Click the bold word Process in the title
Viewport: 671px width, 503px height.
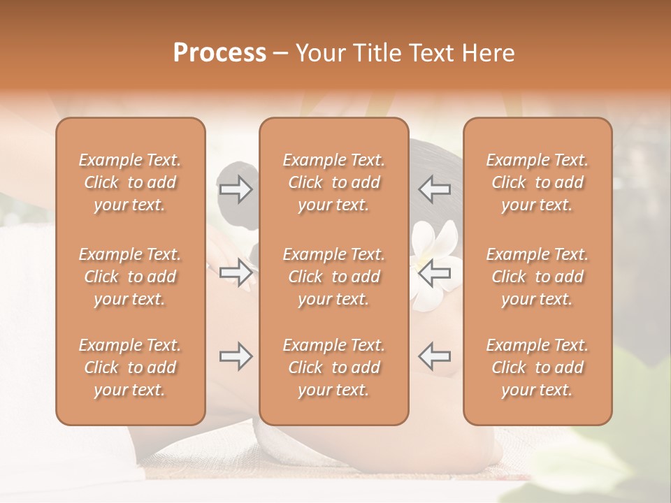[x=219, y=53]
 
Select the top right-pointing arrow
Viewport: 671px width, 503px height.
[x=236, y=189]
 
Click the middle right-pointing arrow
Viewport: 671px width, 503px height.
[x=236, y=272]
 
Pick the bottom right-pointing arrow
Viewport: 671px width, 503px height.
[x=236, y=356]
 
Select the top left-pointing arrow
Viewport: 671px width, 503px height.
[x=435, y=189]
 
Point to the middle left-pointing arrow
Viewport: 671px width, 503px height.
[x=435, y=272]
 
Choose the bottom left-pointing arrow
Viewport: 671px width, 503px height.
[x=435, y=356]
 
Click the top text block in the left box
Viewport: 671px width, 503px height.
[x=130, y=182]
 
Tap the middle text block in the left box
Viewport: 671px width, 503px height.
[x=130, y=277]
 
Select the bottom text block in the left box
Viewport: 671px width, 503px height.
[x=130, y=367]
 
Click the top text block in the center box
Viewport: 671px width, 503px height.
[x=334, y=182]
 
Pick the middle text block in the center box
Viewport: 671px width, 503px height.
[x=334, y=277]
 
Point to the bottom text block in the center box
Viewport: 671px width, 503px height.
[x=334, y=367]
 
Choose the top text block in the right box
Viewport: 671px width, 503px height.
[x=537, y=182]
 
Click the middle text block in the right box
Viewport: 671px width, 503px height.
[x=537, y=277]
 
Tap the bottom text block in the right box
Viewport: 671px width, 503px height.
[x=537, y=367]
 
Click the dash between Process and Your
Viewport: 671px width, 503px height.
[x=281, y=54]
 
